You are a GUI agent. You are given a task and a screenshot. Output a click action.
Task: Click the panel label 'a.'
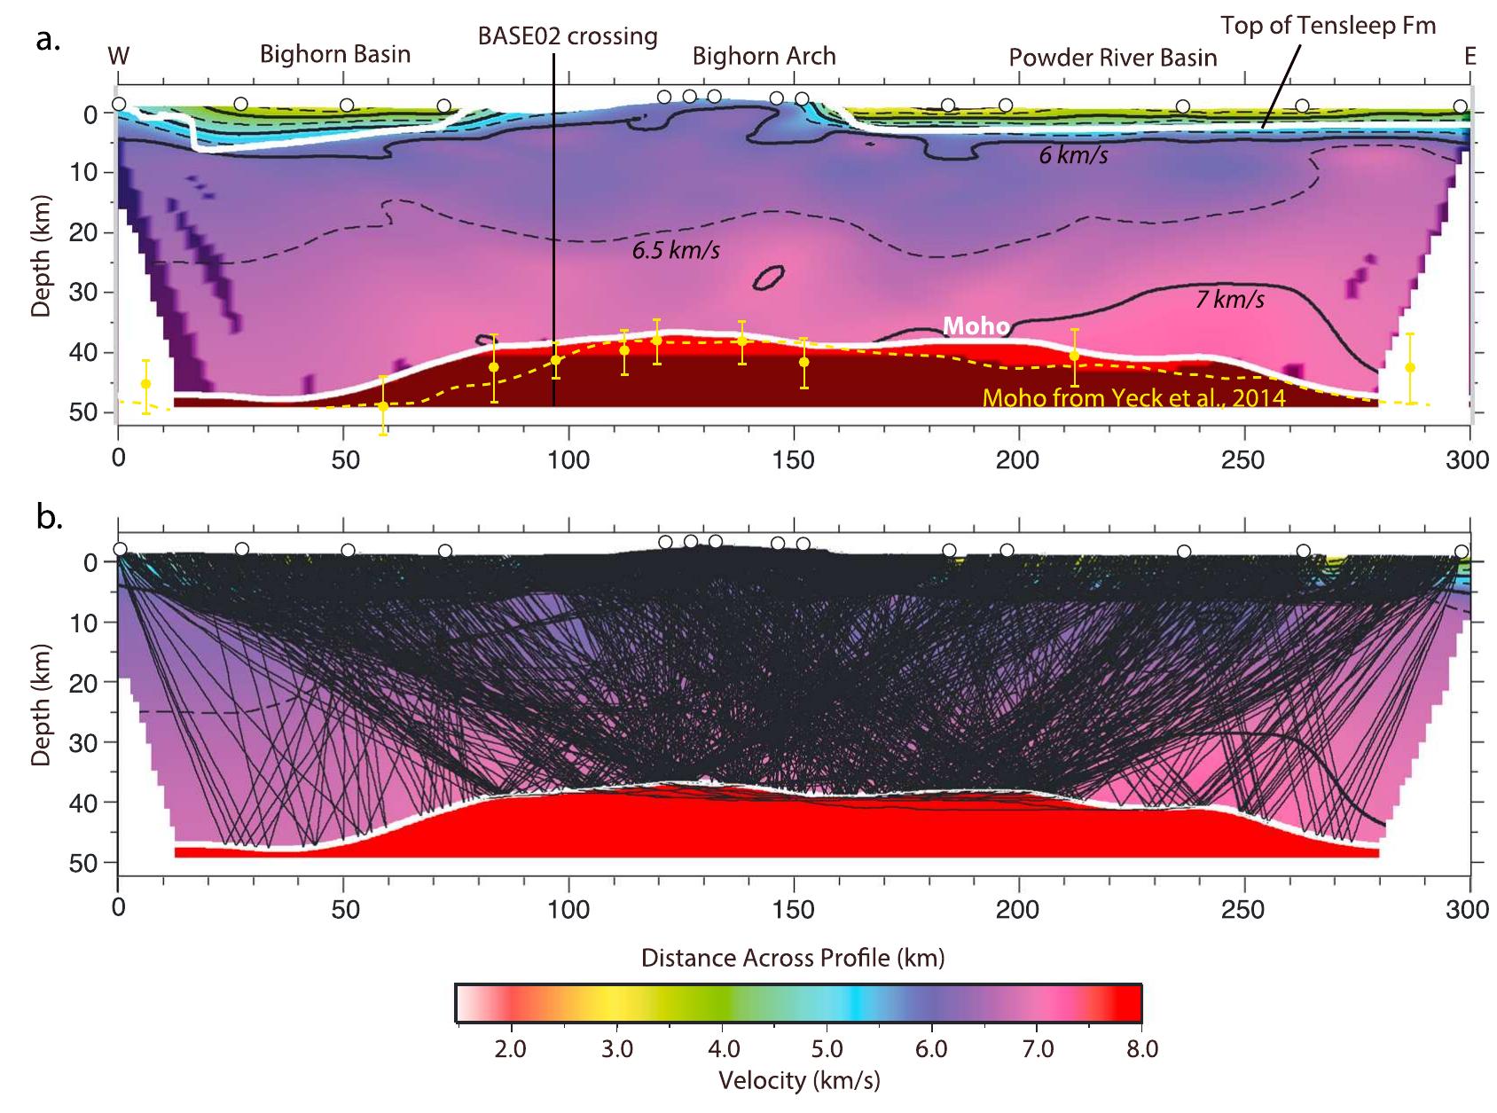[x=47, y=40]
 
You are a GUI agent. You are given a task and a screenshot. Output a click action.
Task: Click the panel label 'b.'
[x=49, y=516]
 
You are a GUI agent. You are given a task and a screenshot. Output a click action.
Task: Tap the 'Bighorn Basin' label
[x=334, y=55]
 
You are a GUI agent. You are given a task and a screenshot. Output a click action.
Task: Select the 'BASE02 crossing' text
[x=568, y=36]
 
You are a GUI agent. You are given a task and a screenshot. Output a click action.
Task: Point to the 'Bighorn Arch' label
[x=764, y=57]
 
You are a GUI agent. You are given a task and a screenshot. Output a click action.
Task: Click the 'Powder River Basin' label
[x=1112, y=59]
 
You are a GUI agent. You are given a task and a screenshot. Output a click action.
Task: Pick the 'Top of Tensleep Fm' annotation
[x=1328, y=26]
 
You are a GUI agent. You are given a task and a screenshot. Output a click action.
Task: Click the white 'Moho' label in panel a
[x=976, y=327]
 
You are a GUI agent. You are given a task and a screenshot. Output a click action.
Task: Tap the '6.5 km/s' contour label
[x=675, y=251]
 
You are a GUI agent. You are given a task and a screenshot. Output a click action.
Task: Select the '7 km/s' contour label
[x=1229, y=300]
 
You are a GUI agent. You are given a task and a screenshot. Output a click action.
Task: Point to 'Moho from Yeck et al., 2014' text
[x=1134, y=398]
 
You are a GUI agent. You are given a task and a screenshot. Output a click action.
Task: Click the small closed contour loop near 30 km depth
[x=768, y=278]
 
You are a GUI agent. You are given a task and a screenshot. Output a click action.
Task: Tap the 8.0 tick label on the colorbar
[x=1140, y=1050]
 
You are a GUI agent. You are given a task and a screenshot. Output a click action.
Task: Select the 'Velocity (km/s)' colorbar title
[x=798, y=1080]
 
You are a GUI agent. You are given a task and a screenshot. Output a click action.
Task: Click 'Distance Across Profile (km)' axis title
[x=793, y=958]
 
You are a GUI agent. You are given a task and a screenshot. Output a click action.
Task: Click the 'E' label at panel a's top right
[x=1470, y=57]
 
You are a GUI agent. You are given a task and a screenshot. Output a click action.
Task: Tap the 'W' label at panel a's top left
[x=118, y=57]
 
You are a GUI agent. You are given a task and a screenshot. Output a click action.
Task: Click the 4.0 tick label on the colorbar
[x=724, y=1050]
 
